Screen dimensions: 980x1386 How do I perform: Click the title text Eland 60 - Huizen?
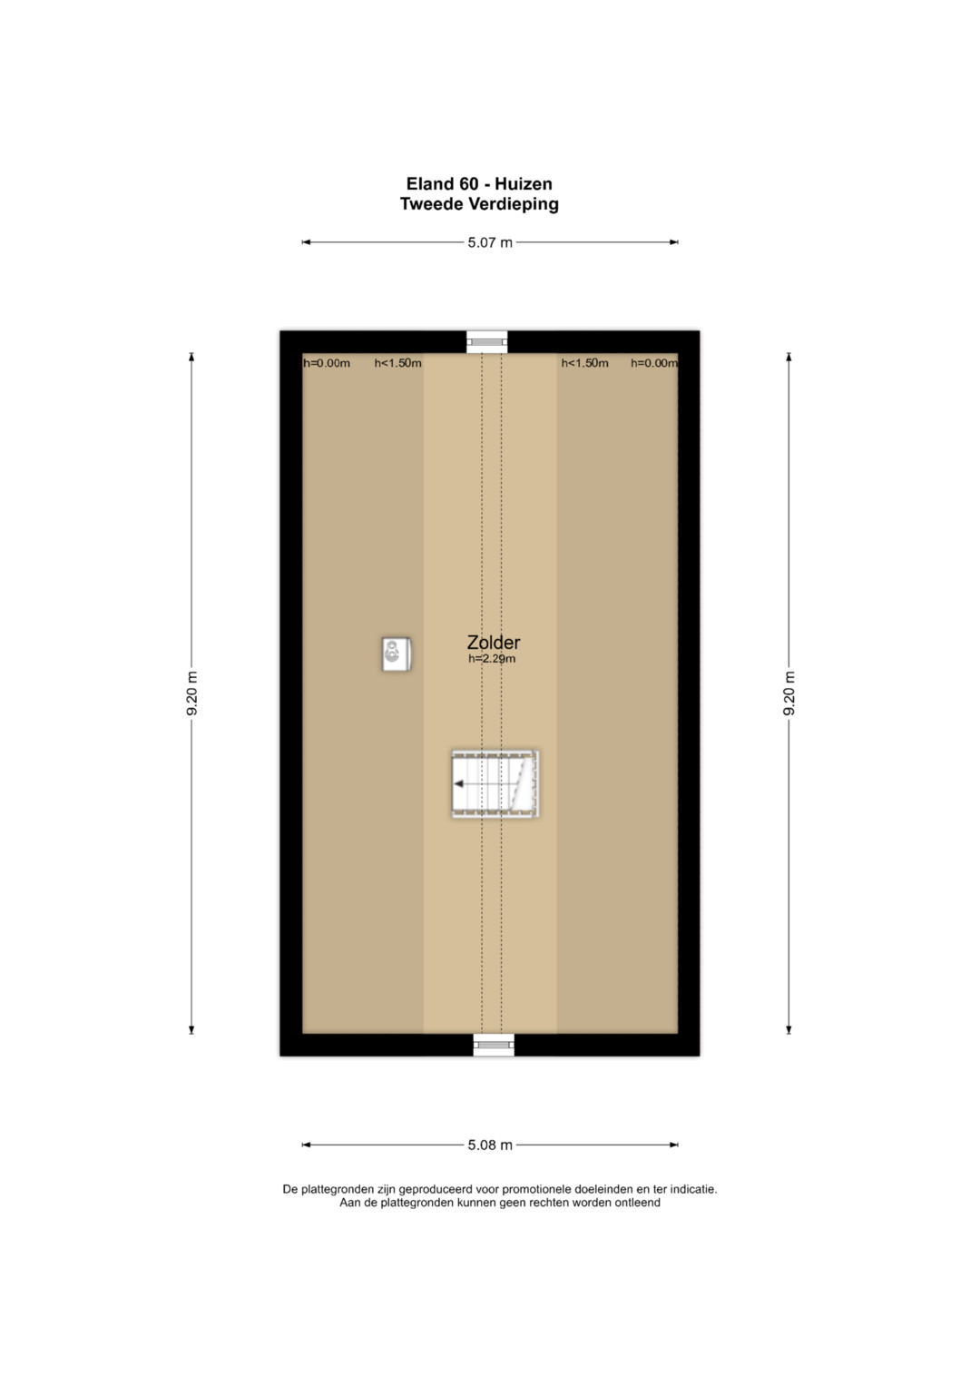(479, 183)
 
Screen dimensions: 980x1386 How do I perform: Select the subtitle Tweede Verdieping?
(479, 203)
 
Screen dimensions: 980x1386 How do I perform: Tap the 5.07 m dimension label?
(490, 242)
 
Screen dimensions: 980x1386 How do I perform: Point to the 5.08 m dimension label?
(490, 1145)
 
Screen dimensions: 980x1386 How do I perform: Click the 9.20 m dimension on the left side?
(191, 693)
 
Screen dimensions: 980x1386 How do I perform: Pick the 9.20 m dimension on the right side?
(789, 693)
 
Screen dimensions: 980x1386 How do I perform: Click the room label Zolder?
(493, 643)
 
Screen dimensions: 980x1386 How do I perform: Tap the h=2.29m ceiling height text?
(492, 658)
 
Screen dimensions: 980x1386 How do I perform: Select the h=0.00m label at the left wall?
(327, 363)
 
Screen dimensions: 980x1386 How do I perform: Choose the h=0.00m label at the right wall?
(654, 363)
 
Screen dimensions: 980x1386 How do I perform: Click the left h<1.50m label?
(397, 363)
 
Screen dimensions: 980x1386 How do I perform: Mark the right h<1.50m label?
(584, 363)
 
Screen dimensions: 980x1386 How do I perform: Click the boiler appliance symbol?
(396, 654)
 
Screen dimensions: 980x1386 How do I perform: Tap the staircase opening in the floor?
(495, 784)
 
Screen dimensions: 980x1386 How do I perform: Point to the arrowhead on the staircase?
(458, 784)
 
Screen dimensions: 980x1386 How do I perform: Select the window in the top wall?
(487, 341)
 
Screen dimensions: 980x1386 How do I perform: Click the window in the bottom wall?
(494, 1045)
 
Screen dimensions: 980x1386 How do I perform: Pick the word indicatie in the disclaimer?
(693, 1189)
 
